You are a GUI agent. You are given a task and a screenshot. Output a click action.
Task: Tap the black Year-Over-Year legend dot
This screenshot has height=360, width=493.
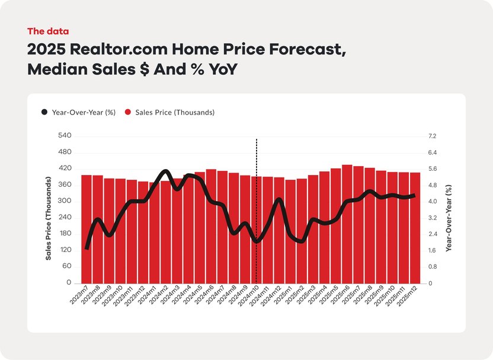[44, 112]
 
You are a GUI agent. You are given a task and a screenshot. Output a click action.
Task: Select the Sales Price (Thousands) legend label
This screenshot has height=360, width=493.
[175, 112]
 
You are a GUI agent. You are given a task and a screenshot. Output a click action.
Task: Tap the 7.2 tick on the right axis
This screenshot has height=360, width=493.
[432, 136]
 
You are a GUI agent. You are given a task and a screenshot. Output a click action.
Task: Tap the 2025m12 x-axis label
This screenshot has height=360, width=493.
[409, 294]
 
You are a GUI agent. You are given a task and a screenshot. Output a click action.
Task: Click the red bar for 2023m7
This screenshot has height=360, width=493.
[87, 261]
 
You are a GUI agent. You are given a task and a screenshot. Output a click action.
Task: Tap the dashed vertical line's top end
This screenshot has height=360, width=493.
[256, 140]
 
